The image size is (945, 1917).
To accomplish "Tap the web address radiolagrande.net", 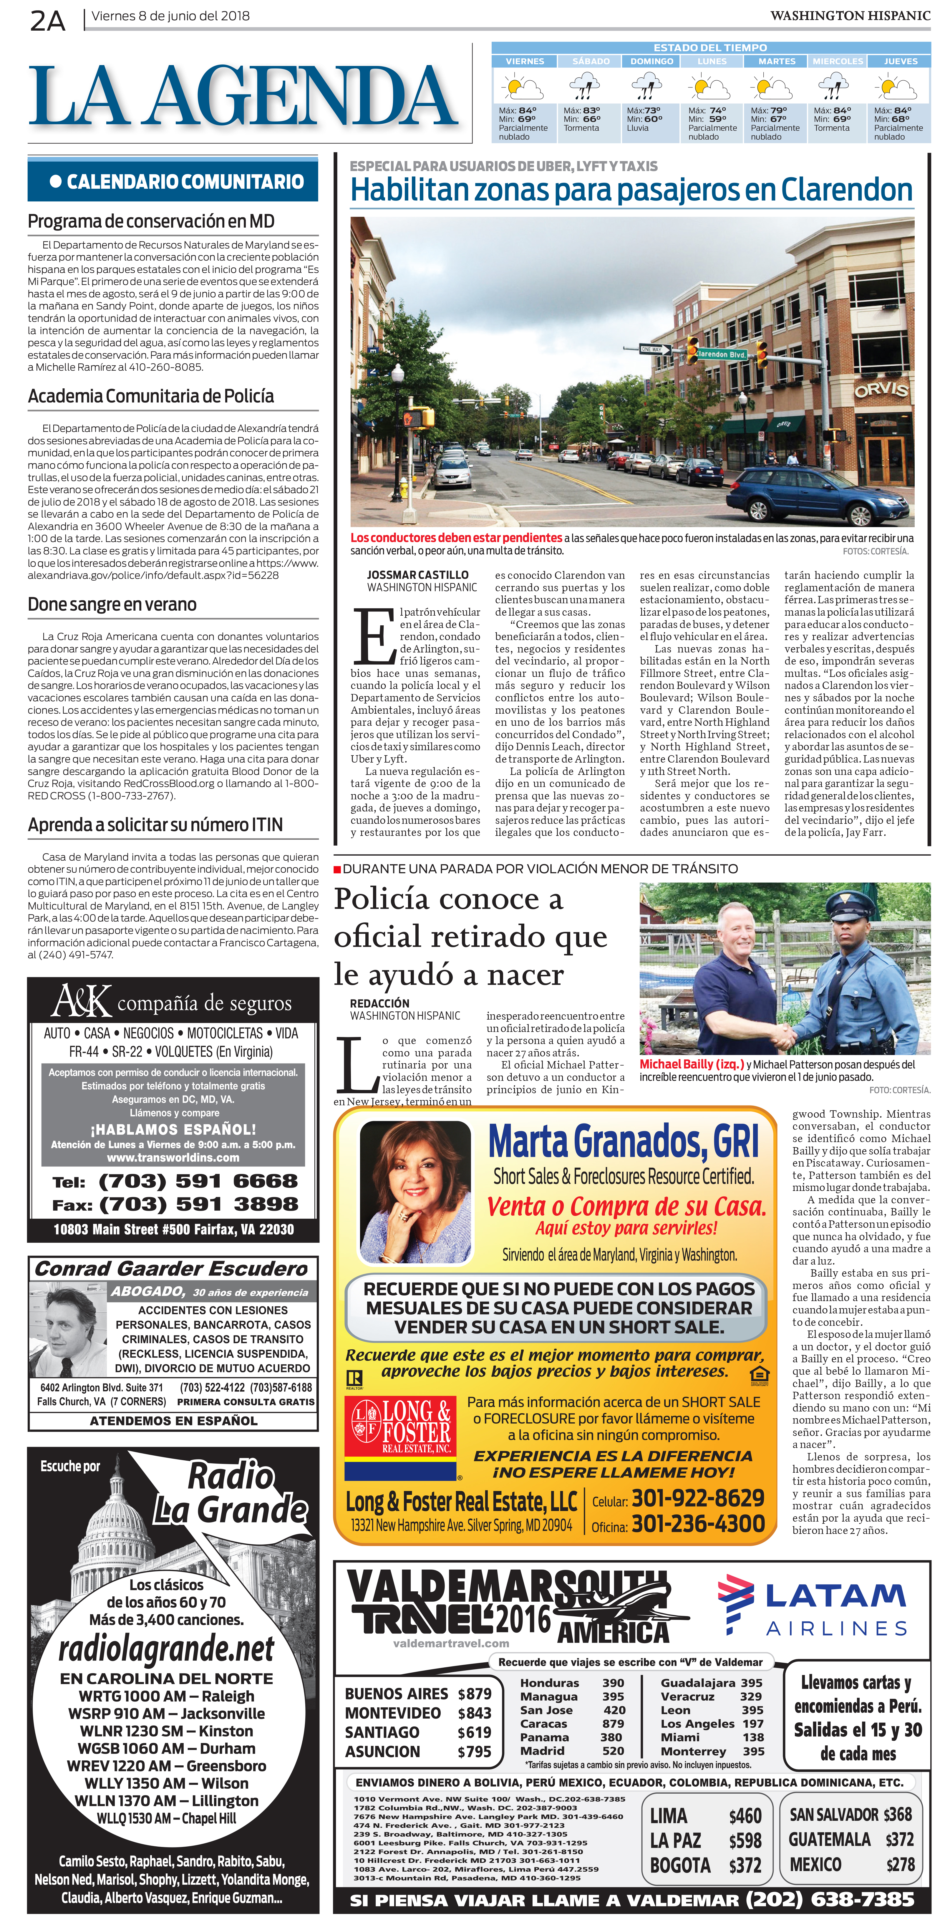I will pyautogui.click(x=167, y=1649).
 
